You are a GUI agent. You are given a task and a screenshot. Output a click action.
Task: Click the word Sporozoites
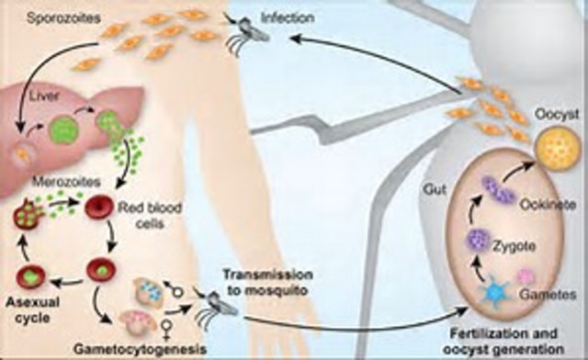53,18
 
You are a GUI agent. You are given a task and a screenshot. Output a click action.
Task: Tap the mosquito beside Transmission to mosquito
218,303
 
